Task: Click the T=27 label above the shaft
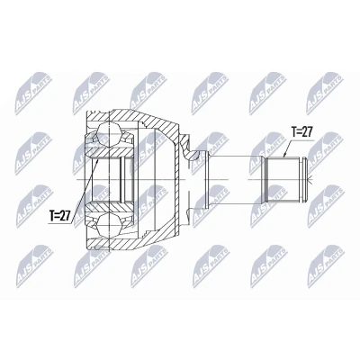coord(302,131)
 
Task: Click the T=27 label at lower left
coord(59,216)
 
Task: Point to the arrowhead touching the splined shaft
coord(285,155)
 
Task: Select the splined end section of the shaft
coord(283,179)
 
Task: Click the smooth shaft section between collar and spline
coord(236,179)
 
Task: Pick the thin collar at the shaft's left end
coord(207,179)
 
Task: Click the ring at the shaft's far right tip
coord(305,179)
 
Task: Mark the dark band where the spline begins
coord(265,179)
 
